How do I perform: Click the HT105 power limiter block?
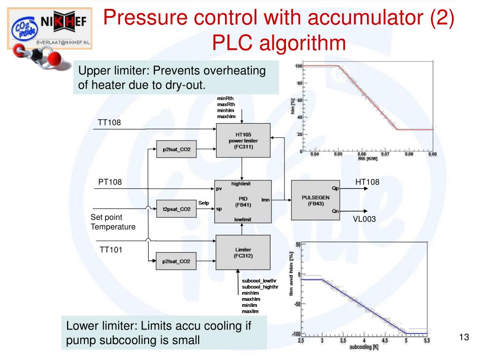coord(243,140)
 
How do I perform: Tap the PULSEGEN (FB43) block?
coord(315,201)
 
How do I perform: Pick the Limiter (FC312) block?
coord(243,253)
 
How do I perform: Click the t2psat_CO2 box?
coord(176,209)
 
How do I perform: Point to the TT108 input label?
coord(109,123)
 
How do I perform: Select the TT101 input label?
coord(111,250)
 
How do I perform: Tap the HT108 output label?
coord(367,182)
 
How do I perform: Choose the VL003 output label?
coord(364,219)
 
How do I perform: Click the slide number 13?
coord(464,337)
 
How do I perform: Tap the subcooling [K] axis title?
coord(364,347)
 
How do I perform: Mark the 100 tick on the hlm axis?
coord(299,66)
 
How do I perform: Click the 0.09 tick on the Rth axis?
coord(432,154)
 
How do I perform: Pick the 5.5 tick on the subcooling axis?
coord(427,341)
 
